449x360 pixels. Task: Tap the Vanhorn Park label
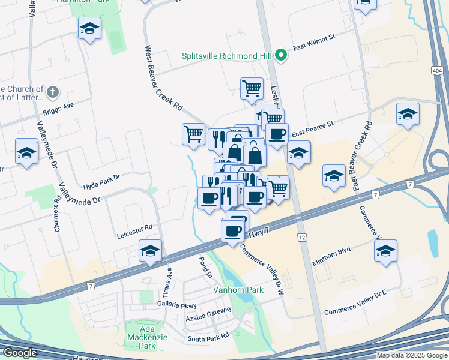238,290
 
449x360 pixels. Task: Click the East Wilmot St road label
313,47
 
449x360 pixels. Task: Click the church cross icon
53,92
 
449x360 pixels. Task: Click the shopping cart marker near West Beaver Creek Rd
193,134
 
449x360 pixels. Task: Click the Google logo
19,353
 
